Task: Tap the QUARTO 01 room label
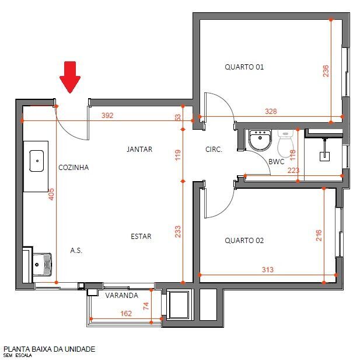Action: (244, 67)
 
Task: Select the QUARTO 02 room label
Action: (244, 240)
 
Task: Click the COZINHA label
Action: (74, 168)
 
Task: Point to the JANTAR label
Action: (139, 150)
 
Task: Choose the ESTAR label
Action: (141, 237)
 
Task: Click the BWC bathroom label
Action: (276, 162)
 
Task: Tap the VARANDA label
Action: (122, 296)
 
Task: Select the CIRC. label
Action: (214, 150)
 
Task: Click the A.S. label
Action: (76, 251)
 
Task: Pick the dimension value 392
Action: (107, 116)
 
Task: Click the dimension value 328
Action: (270, 112)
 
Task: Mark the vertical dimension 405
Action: (51, 195)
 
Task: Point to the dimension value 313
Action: (267, 270)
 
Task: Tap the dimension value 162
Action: (125, 314)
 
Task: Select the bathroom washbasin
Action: (258, 140)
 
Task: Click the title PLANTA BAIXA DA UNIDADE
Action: (49, 349)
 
